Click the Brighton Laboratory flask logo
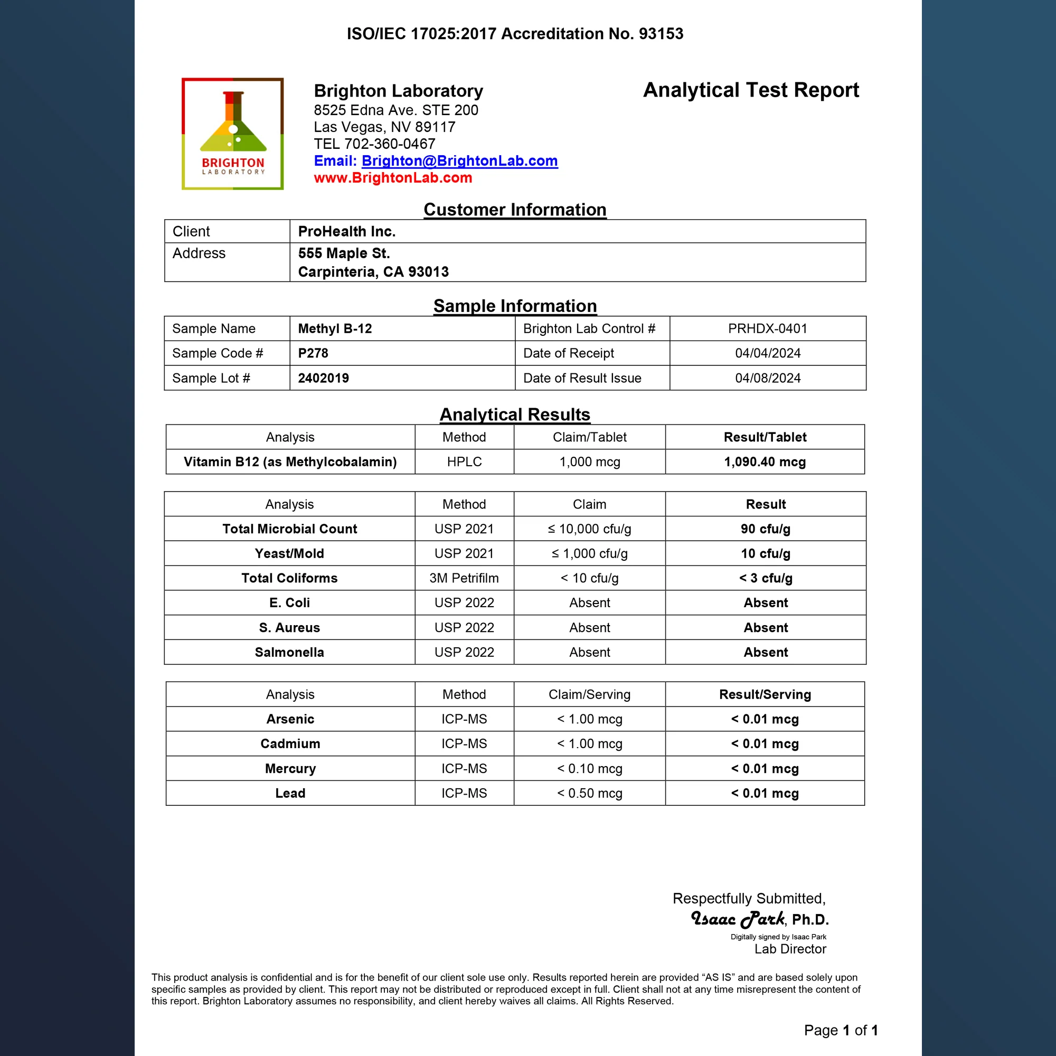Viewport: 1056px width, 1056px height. pos(233,134)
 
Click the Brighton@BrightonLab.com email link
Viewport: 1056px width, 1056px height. pos(459,161)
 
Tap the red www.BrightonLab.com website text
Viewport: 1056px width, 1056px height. pos(392,177)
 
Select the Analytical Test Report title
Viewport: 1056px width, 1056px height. pos(750,90)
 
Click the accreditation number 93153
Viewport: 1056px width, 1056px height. pos(661,34)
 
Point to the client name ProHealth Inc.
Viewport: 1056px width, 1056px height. pos(346,231)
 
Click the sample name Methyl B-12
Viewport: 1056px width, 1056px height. pos(335,328)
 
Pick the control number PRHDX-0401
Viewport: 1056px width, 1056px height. pos(767,328)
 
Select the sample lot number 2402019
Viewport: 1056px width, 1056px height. pos(323,378)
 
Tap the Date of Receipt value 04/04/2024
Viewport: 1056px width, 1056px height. pos(767,353)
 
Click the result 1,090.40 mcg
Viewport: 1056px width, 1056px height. pos(765,462)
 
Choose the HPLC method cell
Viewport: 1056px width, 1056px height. pos(464,462)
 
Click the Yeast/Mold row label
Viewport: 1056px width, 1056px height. pos(289,553)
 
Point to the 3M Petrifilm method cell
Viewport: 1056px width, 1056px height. pos(464,578)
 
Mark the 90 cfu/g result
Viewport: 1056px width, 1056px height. pos(765,529)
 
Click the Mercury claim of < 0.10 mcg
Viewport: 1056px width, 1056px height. pos(589,768)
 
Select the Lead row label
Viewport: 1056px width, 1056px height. pos(290,793)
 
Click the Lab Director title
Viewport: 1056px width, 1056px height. pos(790,949)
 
